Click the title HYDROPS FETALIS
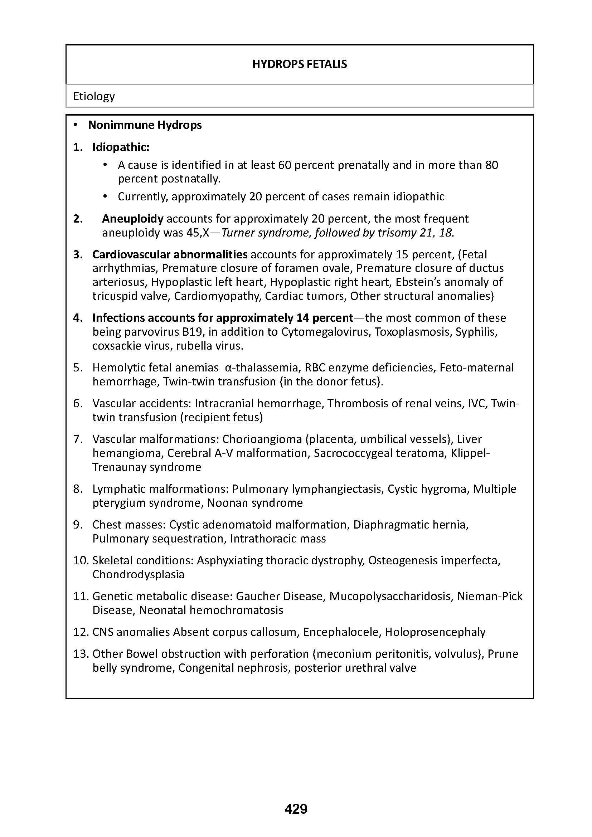[299, 64]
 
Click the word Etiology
[94, 96]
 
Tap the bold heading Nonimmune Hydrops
[145, 125]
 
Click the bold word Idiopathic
[120, 147]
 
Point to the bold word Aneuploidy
[133, 219]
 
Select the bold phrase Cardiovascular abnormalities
[170, 254]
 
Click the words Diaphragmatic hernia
[411, 525]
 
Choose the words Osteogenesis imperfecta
[434, 560]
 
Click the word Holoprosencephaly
[435, 632]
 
